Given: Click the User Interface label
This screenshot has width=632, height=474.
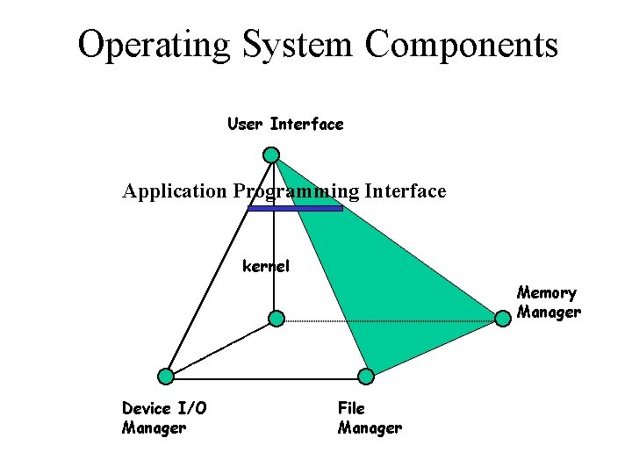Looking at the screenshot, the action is (x=285, y=125).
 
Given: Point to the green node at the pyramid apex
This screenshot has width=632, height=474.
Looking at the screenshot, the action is (x=272, y=155).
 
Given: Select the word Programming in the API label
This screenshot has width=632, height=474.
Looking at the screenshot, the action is (x=297, y=191).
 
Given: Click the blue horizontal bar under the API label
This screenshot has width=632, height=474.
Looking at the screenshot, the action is (x=295, y=209).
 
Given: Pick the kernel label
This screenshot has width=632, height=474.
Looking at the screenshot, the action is (x=266, y=265).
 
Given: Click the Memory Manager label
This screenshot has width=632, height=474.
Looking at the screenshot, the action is (x=549, y=302).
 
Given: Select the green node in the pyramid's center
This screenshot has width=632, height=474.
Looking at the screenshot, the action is (x=276, y=318).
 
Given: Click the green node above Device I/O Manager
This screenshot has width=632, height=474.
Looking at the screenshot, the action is (x=166, y=376).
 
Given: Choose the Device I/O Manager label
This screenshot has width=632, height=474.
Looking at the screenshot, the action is (x=154, y=418).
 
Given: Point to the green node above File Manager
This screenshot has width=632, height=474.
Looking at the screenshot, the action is (x=366, y=377).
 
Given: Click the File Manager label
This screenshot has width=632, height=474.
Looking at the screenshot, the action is (x=370, y=418).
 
